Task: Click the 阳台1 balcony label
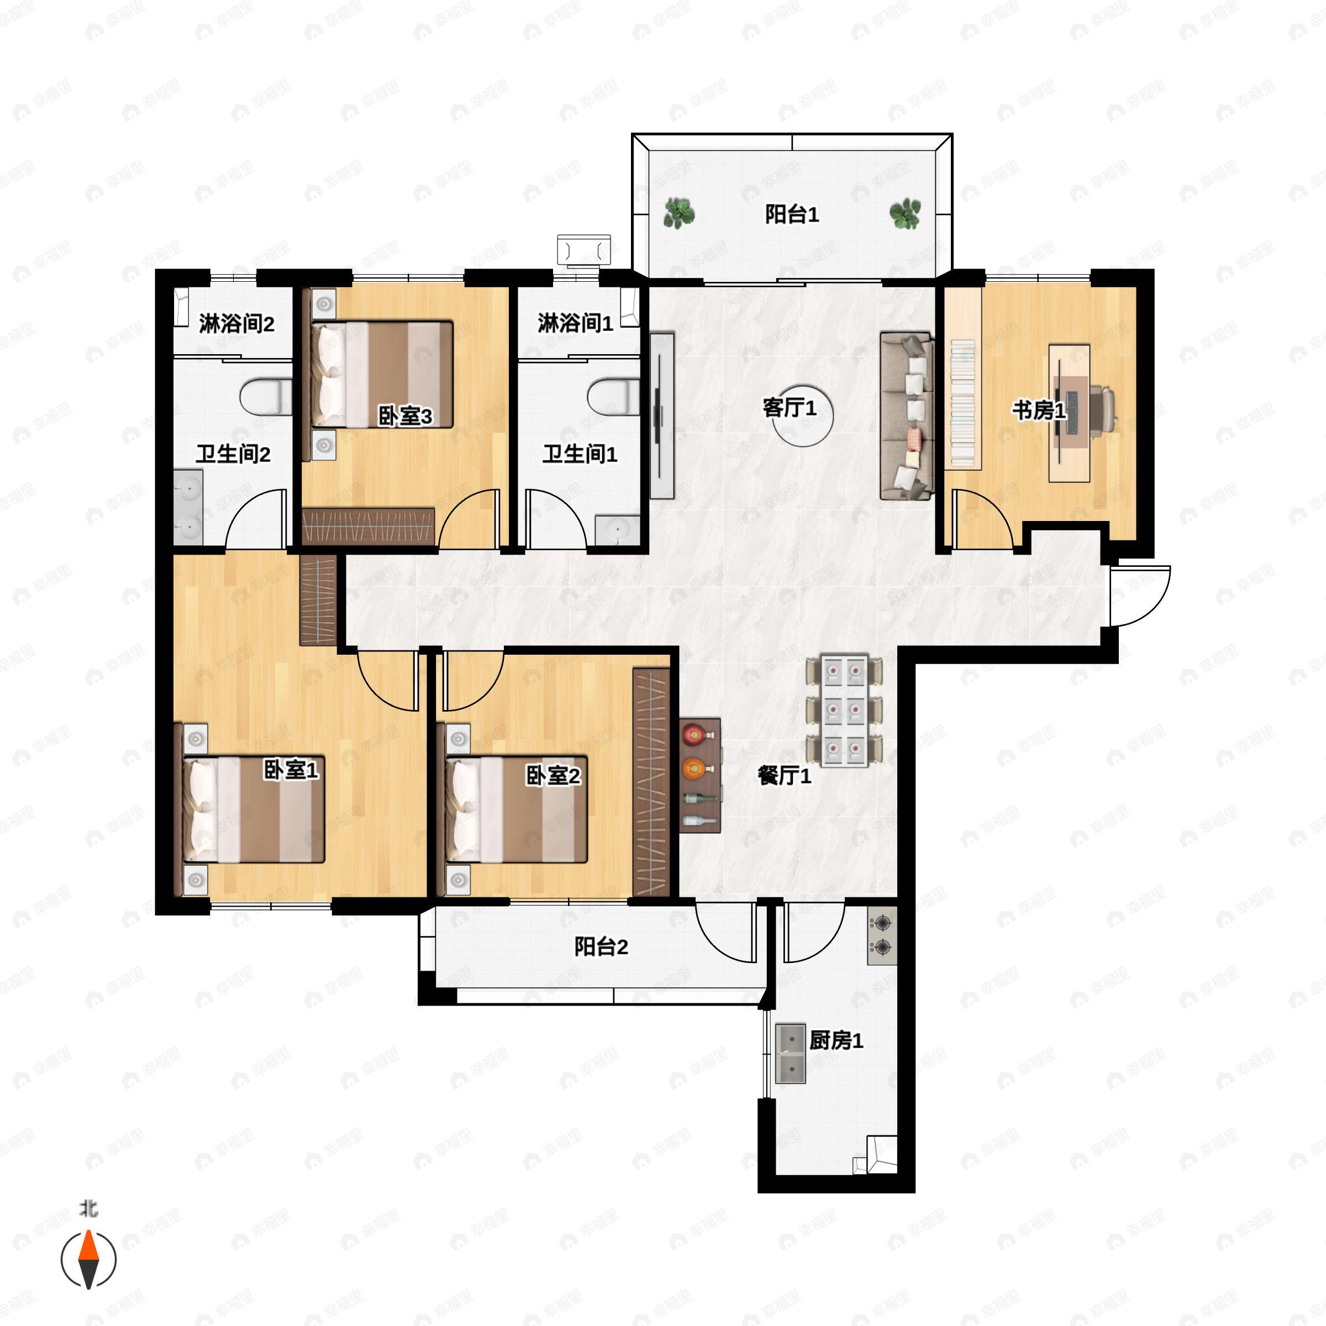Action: point(792,215)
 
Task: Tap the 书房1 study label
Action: point(1039,411)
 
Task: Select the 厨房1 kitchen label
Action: point(836,1040)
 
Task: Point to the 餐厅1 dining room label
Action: point(785,776)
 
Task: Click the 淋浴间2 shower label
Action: point(237,323)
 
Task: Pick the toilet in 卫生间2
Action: point(266,397)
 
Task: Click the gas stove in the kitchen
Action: point(882,935)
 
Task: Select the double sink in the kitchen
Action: point(790,1054)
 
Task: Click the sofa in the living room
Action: point(907,416)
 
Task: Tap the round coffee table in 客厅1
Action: point(803,415)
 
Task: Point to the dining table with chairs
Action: point(844,711)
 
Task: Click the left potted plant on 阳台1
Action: point(679,213)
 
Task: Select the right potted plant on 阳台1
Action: point(906,213)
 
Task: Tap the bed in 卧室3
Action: point(382,375)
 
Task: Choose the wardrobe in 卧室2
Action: point(651,782)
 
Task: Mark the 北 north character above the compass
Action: point(89,1208)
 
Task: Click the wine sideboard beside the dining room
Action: point(700,776)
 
